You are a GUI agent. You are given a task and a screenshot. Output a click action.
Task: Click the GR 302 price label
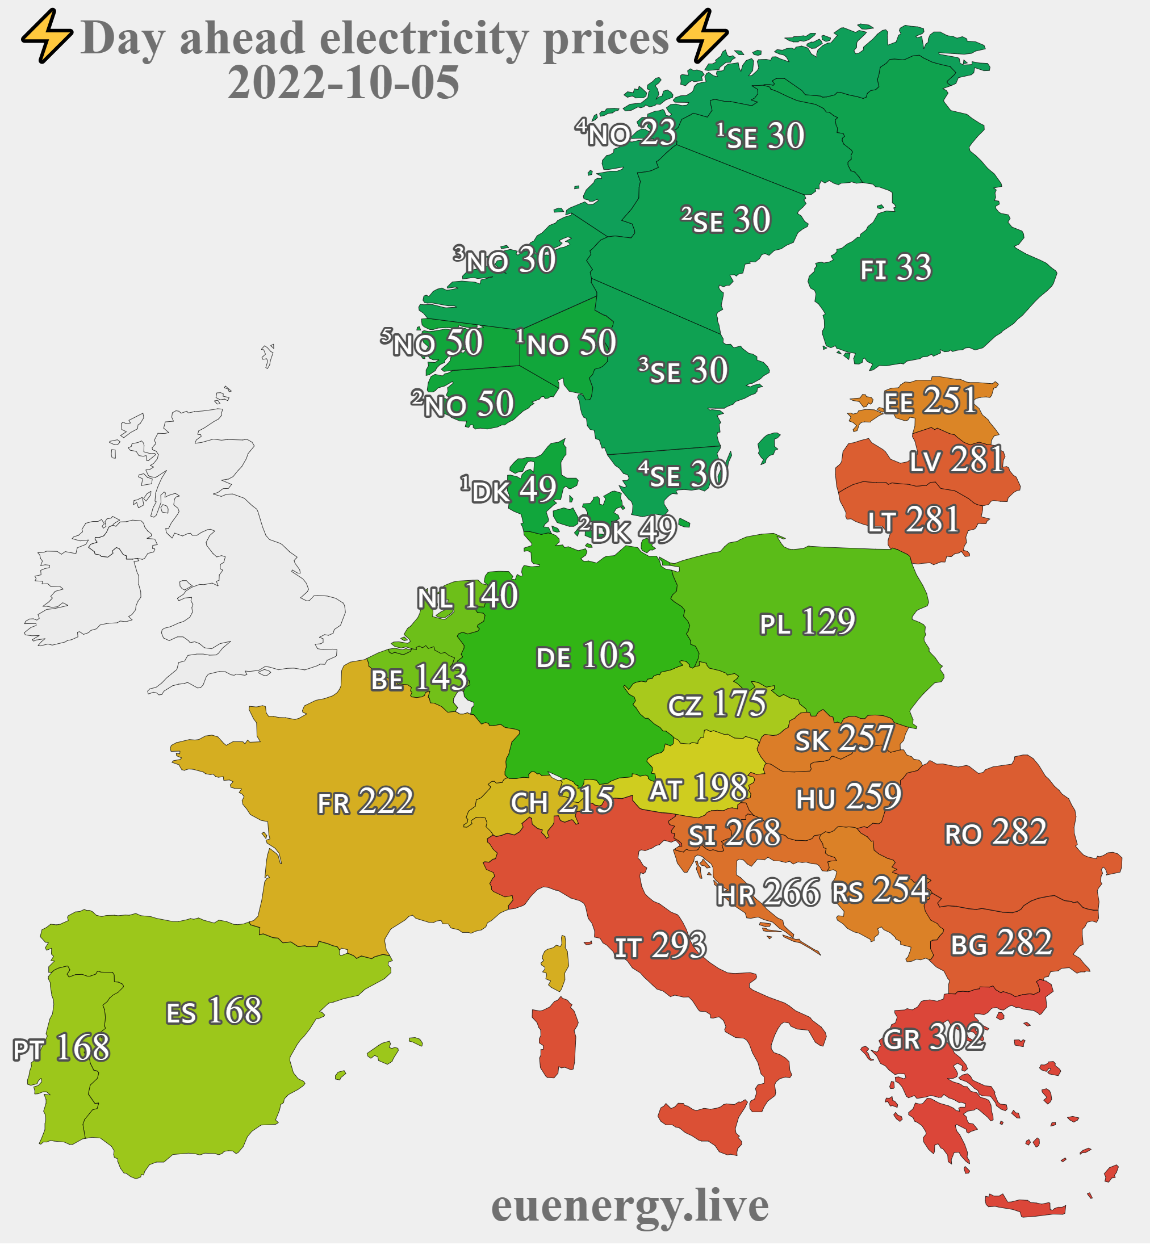click(934, 1038)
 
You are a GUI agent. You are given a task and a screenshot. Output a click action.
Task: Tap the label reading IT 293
click(660, 946)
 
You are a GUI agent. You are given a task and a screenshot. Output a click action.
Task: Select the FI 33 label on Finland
click(896, 269)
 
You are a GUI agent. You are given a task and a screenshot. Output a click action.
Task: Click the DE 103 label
click(585, 656)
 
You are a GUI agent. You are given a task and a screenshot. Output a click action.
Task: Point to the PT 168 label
click(61, 1049)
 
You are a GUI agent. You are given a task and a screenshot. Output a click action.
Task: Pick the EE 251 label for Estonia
click(930, 401)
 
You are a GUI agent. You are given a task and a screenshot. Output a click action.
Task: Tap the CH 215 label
click(561, 800)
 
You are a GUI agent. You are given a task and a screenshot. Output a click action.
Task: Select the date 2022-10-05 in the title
click(344, 83)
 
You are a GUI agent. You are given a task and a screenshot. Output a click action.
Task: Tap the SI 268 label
click(734, 834)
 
